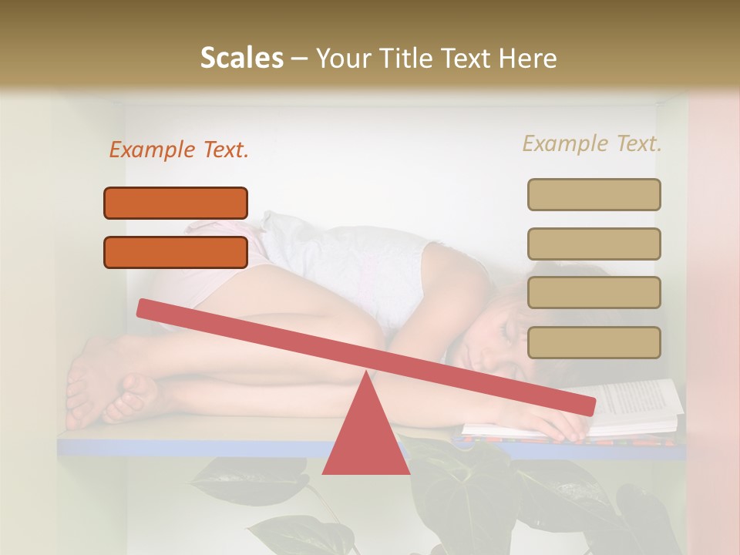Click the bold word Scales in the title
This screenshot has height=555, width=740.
tap(241, 59)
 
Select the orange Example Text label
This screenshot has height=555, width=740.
tap(178, 150)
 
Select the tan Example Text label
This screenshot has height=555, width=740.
tap(592, 143)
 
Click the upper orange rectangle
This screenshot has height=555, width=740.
tap(176, 203)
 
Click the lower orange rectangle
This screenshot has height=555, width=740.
tap(176, 252)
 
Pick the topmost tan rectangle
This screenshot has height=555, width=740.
tap(594, 194)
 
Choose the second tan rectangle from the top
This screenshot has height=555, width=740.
tap(594, 244)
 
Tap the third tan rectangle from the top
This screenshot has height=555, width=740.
tap(594, 293)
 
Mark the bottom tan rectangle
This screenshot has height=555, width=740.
tap(594, 342)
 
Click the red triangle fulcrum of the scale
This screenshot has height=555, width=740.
tap(365, 432)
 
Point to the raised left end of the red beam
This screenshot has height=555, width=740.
tap(146, 308)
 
